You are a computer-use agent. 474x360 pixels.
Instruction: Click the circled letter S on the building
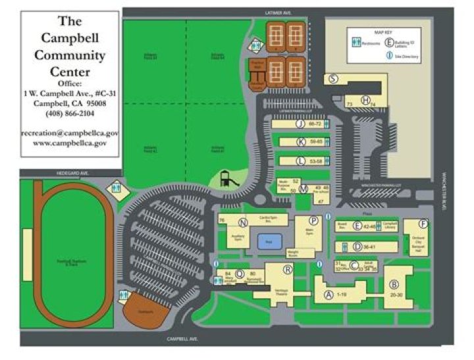point(334,78)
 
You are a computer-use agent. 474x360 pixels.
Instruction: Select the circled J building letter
point(300,124)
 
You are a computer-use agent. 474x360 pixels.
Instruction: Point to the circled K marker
point(301,141)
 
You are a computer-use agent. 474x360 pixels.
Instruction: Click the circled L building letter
point(301,161)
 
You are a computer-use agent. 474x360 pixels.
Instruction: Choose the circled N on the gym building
point(243,222)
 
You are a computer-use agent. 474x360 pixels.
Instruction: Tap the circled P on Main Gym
point(313,220)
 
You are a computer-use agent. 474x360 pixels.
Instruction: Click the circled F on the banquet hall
point(423,223)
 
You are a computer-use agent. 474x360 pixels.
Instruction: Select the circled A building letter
point(327,295)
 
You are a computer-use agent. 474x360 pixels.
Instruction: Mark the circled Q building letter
point(240,273)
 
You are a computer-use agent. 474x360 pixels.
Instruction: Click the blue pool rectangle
point(269,241)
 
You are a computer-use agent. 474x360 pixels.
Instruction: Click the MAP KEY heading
point(383,32)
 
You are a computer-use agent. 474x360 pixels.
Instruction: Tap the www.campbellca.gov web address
point(70,143)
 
